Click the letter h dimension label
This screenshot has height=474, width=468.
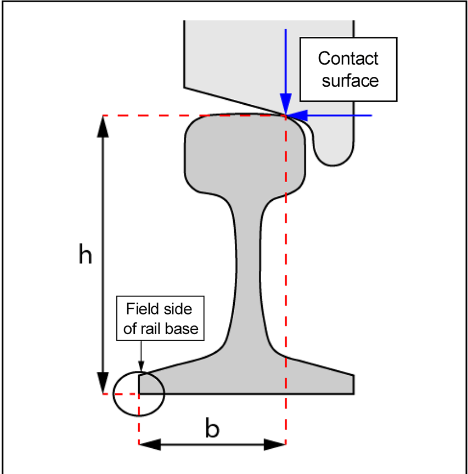(x=85, y=255)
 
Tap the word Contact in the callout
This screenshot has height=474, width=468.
(x=348, y=58)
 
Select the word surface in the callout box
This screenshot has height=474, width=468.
(x=349, y=81)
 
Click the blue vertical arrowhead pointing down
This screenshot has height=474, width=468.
(x=285, y=104)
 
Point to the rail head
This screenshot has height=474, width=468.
(x=245, y=154)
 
